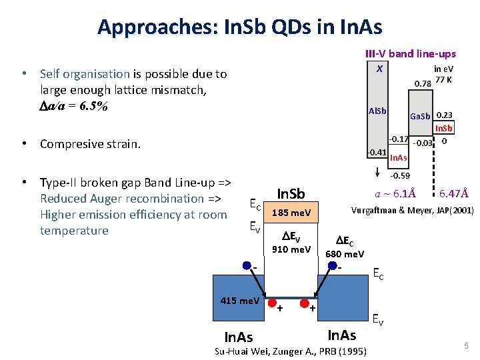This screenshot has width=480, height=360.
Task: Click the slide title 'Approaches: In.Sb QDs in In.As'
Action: tap(239, 27)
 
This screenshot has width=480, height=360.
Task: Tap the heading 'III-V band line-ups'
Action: tap(410, 53)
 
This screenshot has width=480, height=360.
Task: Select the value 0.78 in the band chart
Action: tap(422, 83)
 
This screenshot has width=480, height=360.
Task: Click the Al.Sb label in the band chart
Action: tap(377, 110)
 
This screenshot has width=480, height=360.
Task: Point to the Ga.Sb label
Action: tap(420, 116)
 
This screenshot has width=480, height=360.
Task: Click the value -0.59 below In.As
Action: tap(399, 176)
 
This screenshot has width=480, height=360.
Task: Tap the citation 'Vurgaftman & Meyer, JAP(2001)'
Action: tap(412, 210)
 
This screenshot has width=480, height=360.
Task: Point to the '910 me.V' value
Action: tap(291, 249)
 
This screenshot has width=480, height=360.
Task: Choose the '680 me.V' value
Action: tap(344, 254)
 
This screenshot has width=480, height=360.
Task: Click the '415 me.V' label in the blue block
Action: tap(240, 301)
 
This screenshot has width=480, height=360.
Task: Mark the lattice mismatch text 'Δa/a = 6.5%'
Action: tap(74, 106)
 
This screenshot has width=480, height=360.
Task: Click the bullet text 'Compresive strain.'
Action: tap(90, 144)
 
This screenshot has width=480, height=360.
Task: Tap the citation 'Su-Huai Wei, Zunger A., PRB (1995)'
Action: tap(293, 351)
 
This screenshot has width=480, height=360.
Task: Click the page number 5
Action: tap(467, 345)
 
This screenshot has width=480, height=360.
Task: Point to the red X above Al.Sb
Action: tap(379, 69)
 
